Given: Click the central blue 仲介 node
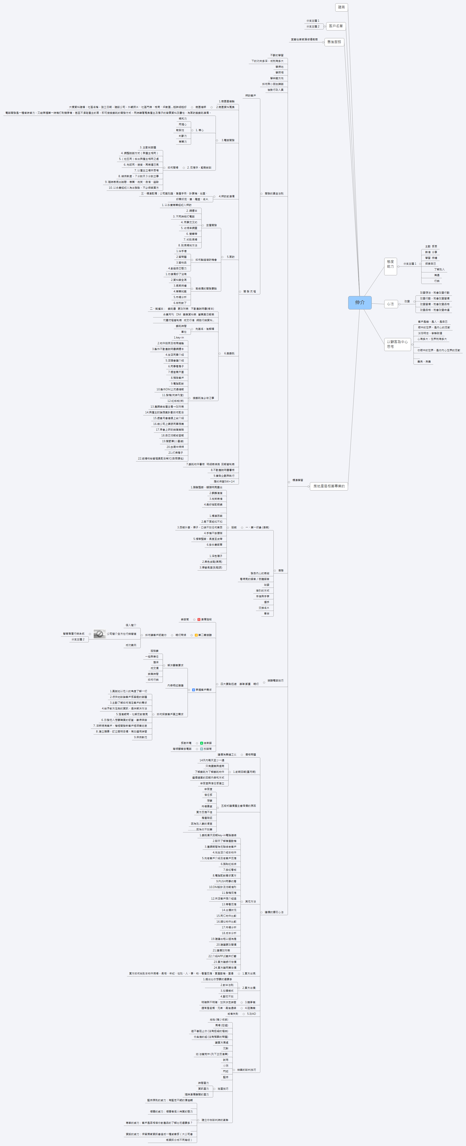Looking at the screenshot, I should click(x=360, y=302).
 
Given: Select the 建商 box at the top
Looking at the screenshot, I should click(x=341, y=7).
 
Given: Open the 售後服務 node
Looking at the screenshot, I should click(x=334, y=42).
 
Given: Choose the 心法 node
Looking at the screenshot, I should click(x=390, y=304).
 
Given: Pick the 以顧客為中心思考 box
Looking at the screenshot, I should click(x=397, y=344).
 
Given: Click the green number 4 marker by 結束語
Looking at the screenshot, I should click(x=202, y=743).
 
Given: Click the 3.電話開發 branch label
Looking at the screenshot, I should click(x=228, y=140).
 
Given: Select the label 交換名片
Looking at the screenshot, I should click(x=264, y=608).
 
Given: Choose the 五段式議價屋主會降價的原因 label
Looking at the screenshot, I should click(x=239, y=806).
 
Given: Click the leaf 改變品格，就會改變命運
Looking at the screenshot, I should click(x=434, y=310).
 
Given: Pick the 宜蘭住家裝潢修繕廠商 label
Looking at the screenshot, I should click(x=304, y=40).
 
